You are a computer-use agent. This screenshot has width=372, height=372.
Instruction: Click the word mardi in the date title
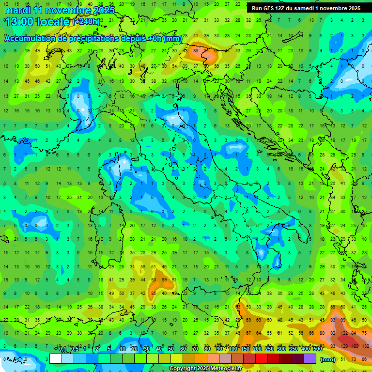coord(18,10)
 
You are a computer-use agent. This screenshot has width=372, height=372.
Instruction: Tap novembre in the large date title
coord(69,10)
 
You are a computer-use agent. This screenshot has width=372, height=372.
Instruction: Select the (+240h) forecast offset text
coord(86,22)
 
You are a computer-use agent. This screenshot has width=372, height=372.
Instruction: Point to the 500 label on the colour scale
coord(318,349)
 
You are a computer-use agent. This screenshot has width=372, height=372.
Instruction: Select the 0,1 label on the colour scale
coord(62,349)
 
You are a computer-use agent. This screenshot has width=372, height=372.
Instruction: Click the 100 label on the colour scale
coord(233,349)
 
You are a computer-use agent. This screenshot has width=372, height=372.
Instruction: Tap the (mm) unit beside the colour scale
coord(328,359)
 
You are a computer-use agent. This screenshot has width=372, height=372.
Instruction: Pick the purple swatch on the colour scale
coord(310,359)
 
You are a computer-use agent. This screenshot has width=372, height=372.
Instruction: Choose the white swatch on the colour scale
coord(56,359)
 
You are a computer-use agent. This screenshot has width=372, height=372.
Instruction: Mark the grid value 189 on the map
coord(355,346)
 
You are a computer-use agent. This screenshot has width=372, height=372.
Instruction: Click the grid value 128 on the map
coord(344,346)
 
